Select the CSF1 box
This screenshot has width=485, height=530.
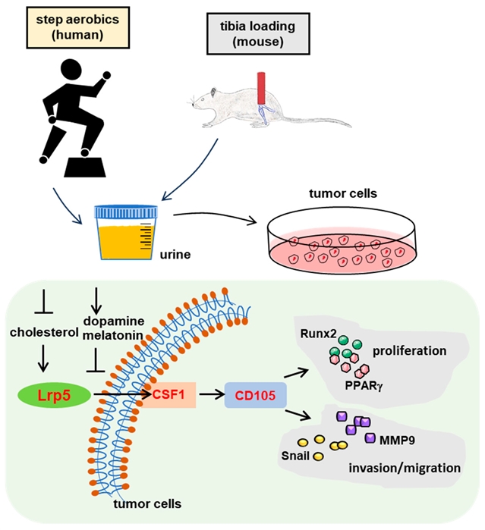(x=170, y=394)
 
